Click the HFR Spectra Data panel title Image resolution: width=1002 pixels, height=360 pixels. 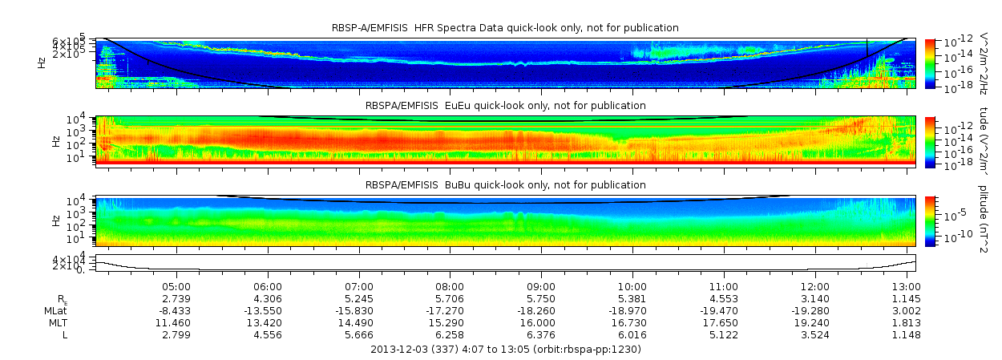[x=505, y=28]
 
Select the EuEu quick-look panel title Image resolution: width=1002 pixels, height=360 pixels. [x=505, y=106]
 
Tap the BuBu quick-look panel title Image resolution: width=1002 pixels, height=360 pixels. [x=505, y=185]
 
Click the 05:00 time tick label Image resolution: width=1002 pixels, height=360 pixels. [x=176, y=286]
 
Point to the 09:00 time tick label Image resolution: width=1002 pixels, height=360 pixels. [x=541, y=286]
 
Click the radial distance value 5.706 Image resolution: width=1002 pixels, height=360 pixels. [x=450, y=298]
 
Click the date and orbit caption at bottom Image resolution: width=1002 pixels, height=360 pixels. [x=505, y=350]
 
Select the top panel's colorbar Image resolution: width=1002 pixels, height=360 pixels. [x=930, y=63]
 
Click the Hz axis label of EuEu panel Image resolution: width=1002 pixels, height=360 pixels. [x=55, y=141]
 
